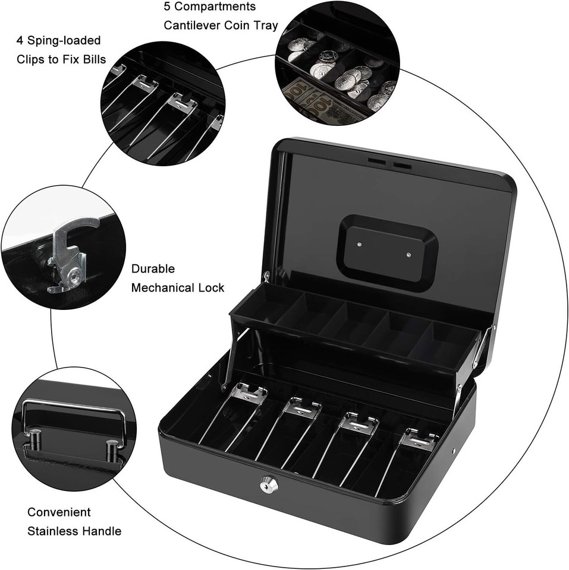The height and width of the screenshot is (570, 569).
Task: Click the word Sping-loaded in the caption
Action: click(63, 40)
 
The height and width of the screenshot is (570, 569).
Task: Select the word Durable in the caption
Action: click(153, 268)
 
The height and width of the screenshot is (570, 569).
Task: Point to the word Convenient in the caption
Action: click(59, 512)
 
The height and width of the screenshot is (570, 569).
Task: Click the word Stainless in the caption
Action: click(52, 531)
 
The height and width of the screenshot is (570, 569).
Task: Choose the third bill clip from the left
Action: click(359, 423)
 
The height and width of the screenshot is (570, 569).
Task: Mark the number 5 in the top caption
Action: click(167, 7)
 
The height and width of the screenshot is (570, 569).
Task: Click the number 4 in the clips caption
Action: click(20, 40)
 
